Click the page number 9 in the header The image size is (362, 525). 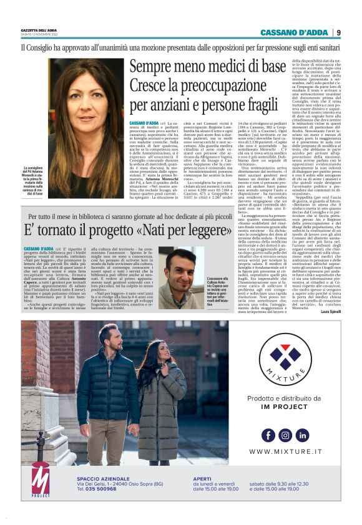(338, 32)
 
